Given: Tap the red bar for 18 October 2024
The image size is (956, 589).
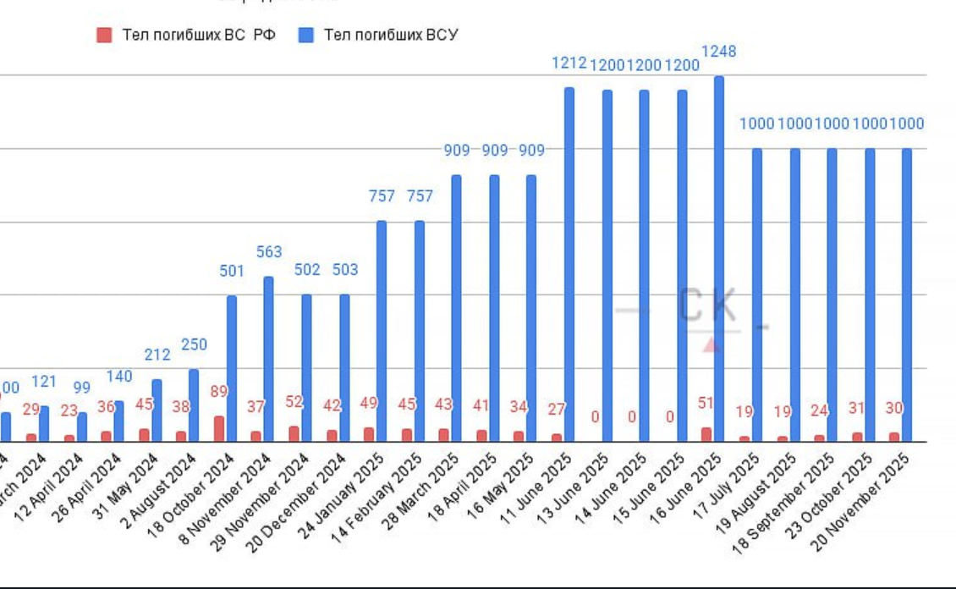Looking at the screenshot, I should [x=219, y=428].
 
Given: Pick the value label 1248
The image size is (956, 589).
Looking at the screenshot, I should [x=719, y=52].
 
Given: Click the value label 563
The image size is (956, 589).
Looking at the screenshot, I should [x=269, y=252].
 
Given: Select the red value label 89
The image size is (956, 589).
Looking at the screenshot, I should [x=219, y=391].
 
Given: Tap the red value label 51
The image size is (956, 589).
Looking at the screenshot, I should [x=705, y=403].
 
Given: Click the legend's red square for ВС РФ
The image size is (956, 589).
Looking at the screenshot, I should [x=105, y=35].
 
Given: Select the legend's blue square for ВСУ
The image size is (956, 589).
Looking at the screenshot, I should [x=306, y=35].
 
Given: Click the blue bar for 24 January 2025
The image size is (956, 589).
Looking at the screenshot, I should [x=382, y=331].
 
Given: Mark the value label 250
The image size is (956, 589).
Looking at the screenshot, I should [x=194, y=344].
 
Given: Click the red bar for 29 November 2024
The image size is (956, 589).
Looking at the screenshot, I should [x=294, y=433].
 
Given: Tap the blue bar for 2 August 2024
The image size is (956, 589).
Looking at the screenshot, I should [x=194, y=405].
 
